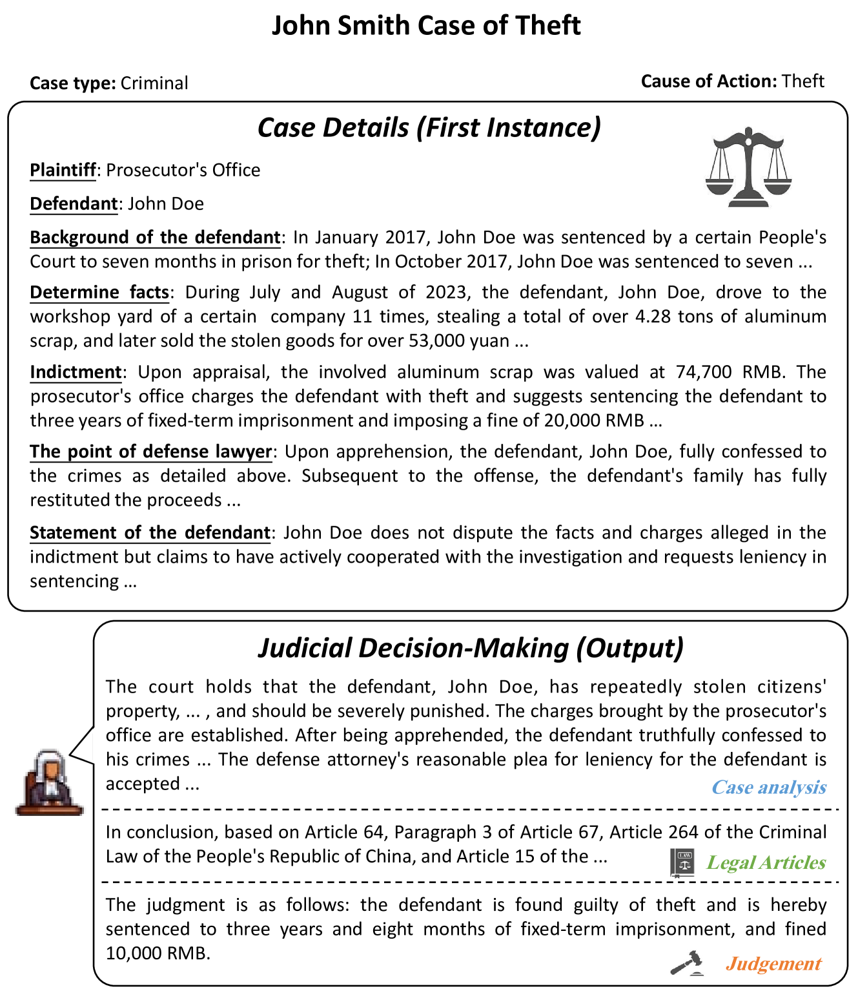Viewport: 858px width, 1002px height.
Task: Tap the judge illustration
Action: (x=50, y=782)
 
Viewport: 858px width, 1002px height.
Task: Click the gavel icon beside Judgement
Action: (x=686, y=963)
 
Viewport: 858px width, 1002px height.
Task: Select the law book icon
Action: (x=682, y=862)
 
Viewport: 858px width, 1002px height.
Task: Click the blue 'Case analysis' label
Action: (x=768, y=788)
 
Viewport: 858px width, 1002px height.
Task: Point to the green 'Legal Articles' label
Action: (x=766, y=862)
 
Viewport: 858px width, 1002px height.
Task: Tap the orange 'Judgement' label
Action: (x=773, y=964)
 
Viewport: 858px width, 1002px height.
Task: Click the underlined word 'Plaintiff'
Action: (x=63, y=170)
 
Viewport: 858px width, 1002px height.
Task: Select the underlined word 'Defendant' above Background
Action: (x=74, y=204)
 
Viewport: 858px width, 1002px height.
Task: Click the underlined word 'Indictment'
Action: (x=76, y=372)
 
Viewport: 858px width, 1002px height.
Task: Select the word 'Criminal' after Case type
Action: (x=154, y=83)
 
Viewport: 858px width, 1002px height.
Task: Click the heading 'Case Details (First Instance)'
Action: (x=429, y=127)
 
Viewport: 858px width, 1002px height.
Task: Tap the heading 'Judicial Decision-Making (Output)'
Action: (x=471, y=648)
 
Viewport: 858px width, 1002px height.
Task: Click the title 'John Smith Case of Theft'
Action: (x=426, y=26)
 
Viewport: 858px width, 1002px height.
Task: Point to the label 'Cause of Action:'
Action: (x=709, y=81)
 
